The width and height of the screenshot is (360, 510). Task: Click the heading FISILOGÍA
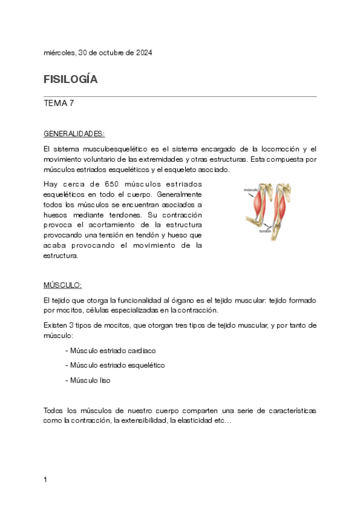(x=70, y=79)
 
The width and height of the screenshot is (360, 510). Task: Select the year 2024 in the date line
(x=142, y=53)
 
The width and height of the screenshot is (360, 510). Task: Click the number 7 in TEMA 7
(x=72, y=103)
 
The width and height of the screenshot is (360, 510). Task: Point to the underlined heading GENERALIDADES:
(x=74, y=134)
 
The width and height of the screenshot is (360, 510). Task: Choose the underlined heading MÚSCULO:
(x=63, y=284)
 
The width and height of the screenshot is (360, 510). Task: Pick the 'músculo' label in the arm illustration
(x=251, y=189)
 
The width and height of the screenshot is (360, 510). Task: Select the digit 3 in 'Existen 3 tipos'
(x=71, y=325)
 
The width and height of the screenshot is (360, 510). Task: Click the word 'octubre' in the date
(x=113, y=53)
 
